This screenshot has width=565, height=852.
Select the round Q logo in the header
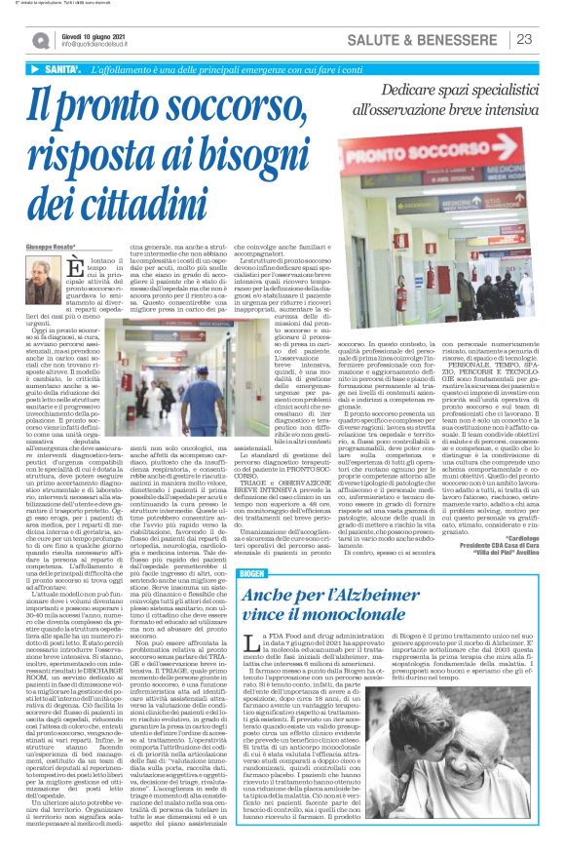[x=40, y=39]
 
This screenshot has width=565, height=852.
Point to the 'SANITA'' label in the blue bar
[x=58, y=70]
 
